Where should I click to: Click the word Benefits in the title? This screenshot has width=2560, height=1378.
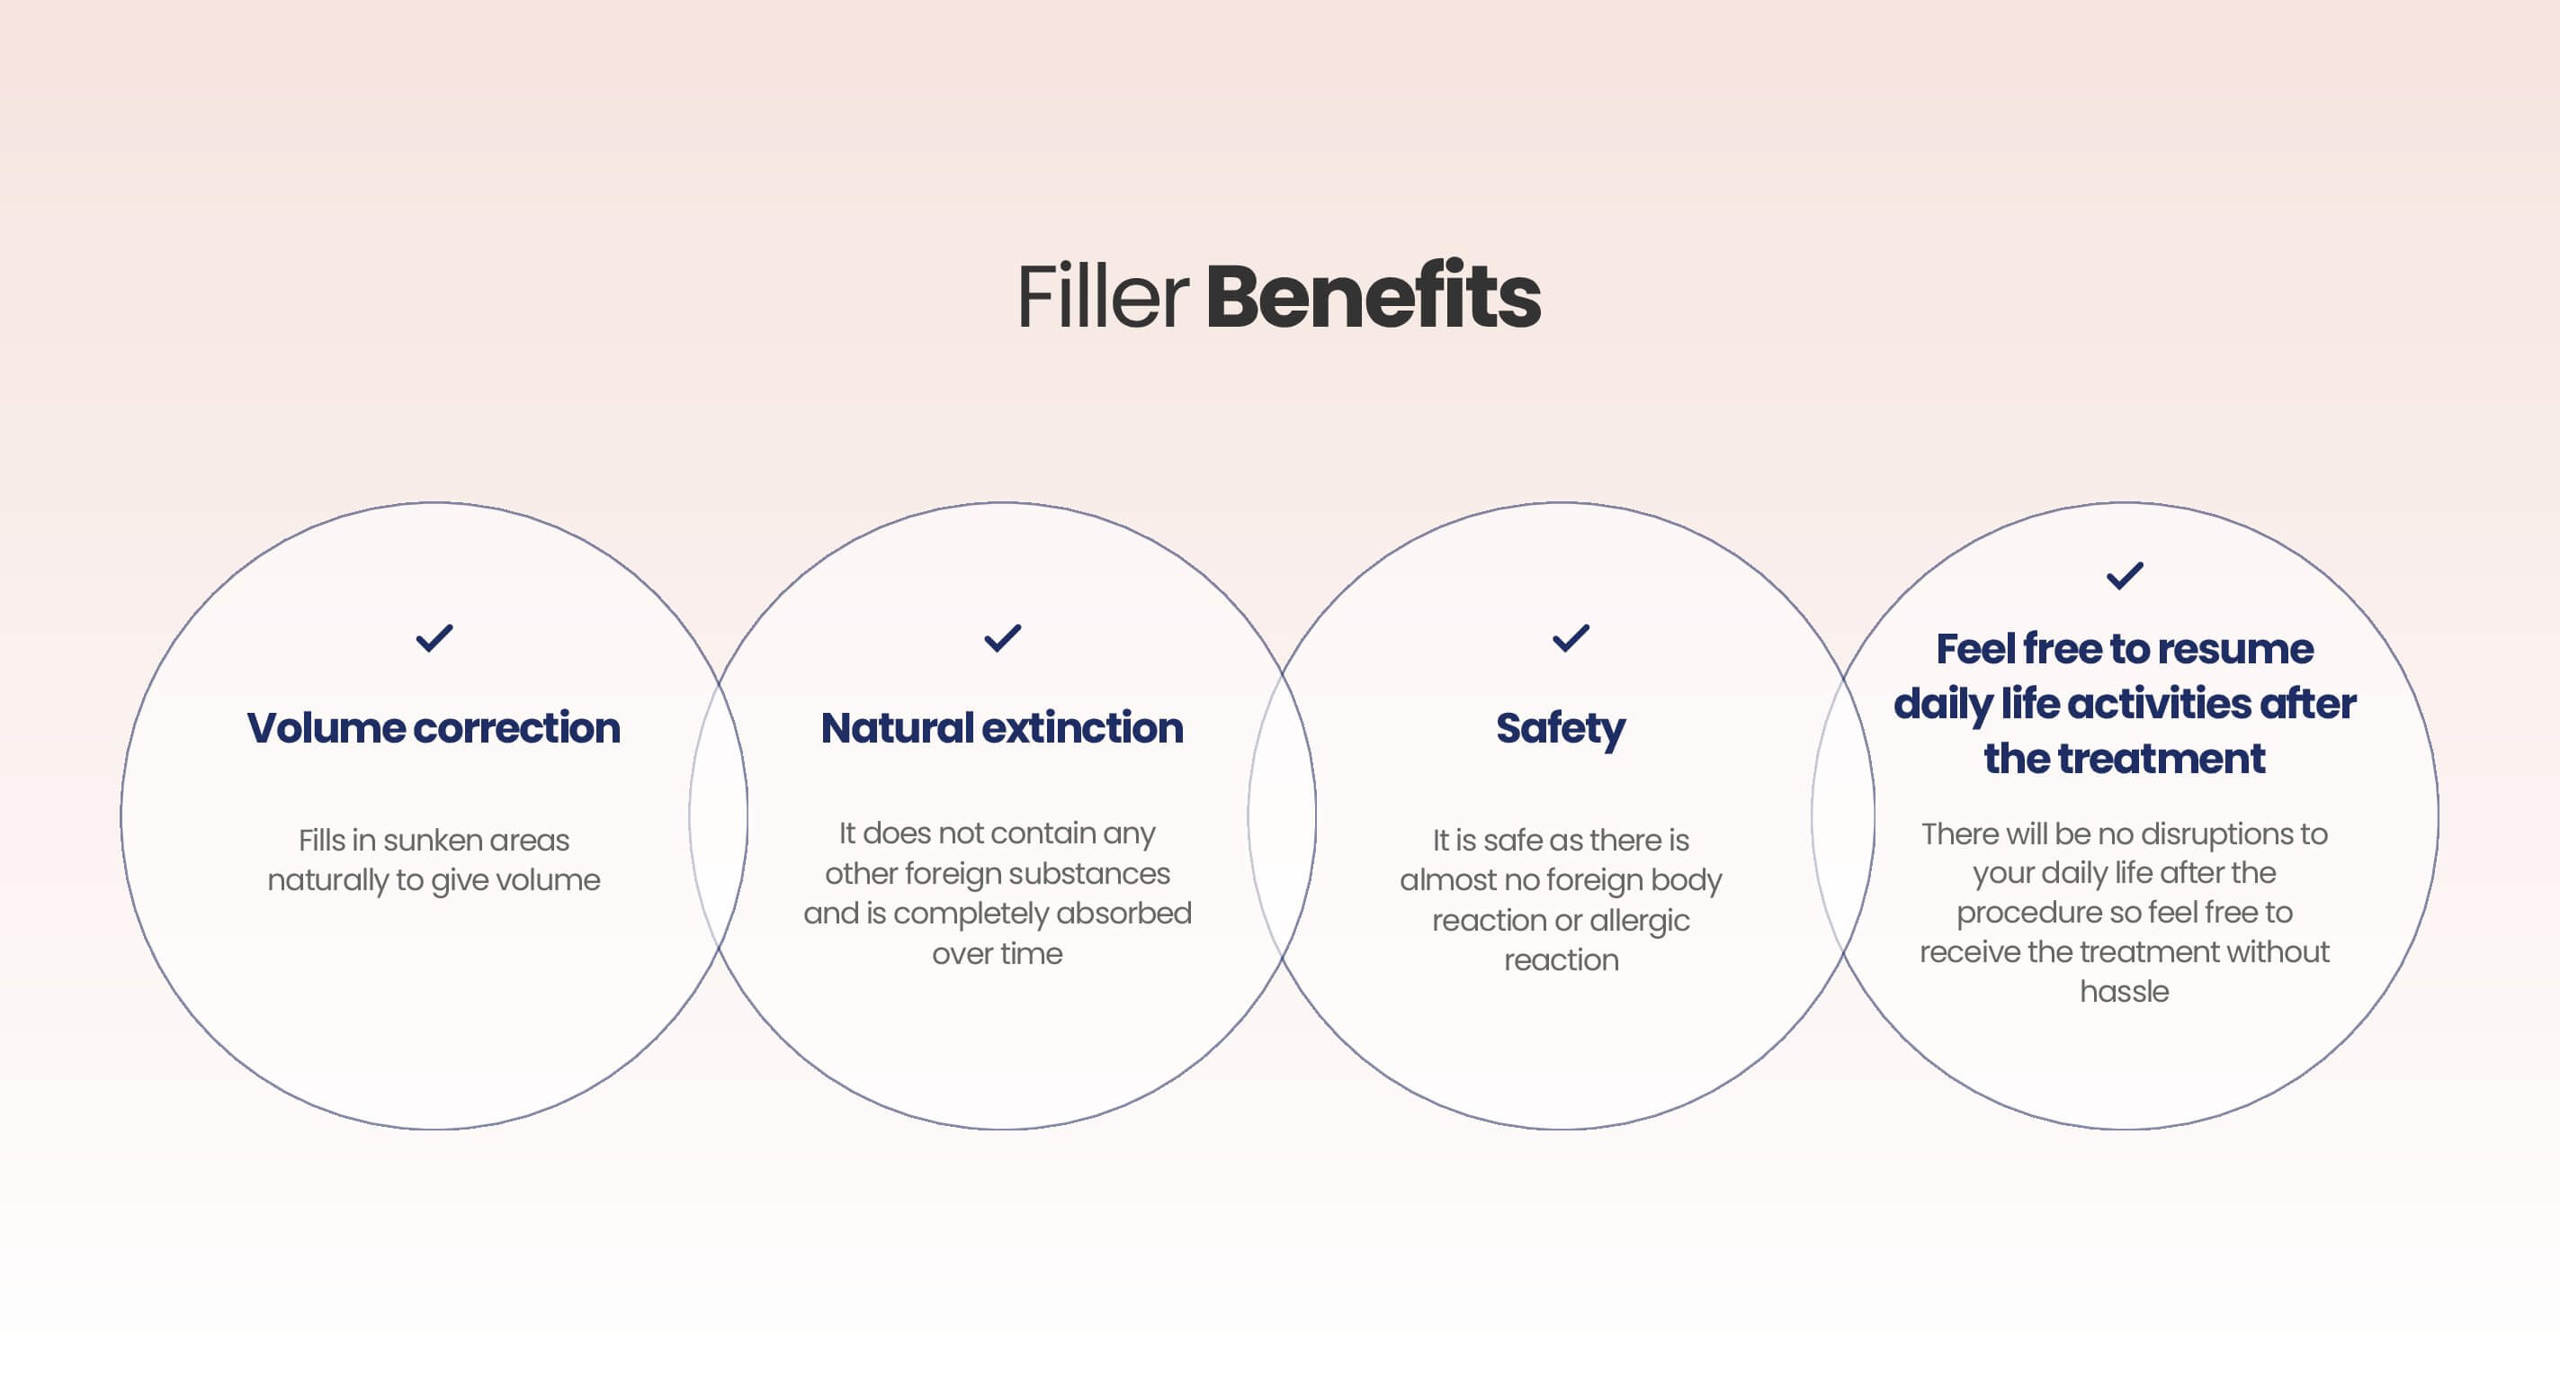(1373, 295)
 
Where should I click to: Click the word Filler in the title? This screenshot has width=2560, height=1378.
(1102, 295)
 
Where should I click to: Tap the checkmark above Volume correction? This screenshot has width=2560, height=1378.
(434, 637)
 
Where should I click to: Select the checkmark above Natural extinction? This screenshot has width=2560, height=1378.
(1002, 637)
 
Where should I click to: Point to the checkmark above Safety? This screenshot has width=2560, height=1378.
(1571, 637)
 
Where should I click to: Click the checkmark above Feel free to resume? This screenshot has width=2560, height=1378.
(2125, 574)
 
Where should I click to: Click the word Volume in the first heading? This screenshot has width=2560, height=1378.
(325, 728)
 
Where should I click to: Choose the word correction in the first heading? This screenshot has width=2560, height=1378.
(517, 729)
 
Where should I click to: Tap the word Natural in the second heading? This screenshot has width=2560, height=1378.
(897, 728)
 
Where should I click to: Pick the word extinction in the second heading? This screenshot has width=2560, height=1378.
(1083, 729)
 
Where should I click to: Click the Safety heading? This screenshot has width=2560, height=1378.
(1561, 730)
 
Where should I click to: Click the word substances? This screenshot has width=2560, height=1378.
(1107, 873)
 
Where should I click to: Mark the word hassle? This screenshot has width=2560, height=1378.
(2125, 991)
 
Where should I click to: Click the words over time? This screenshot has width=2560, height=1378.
(997, 953)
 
